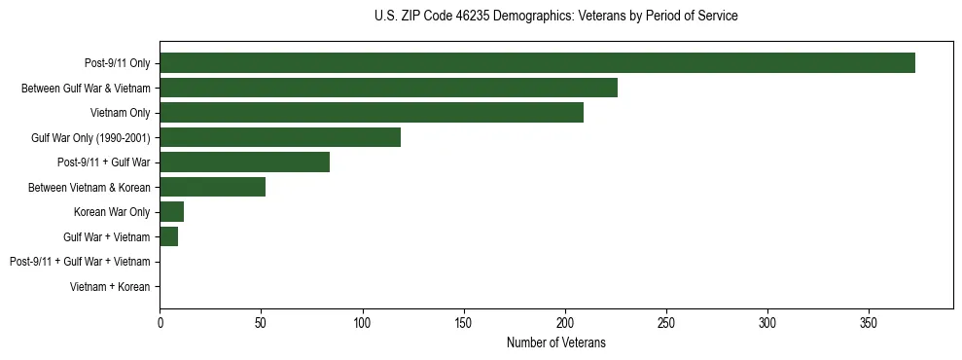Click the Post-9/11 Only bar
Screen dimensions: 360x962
[x=537, y=63]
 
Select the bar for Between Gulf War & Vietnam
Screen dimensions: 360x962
[x=388, y=89]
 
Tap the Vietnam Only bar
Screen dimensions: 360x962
[x=372, y=113]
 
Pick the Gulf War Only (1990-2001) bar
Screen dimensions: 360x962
[x=280, y=138]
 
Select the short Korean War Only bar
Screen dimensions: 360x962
[x=171, y=212]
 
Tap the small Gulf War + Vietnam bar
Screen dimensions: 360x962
[x=168, y=236]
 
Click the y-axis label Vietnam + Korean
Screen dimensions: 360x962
[x=110, y=287]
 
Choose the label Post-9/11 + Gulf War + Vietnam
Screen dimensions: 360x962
[x=80, y=262]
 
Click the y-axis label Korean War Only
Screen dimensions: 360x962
[x=112, y=212]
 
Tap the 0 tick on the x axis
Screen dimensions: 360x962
[x=160, y=322]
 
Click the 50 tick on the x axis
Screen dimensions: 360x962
[x=261, y=322]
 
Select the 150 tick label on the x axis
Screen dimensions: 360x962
[x=463, y=322]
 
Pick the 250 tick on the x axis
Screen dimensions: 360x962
[x=666, y=322]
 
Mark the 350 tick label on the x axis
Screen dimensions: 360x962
[x=869, y=322]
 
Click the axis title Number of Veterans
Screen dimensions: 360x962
[x=555, y=342]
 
